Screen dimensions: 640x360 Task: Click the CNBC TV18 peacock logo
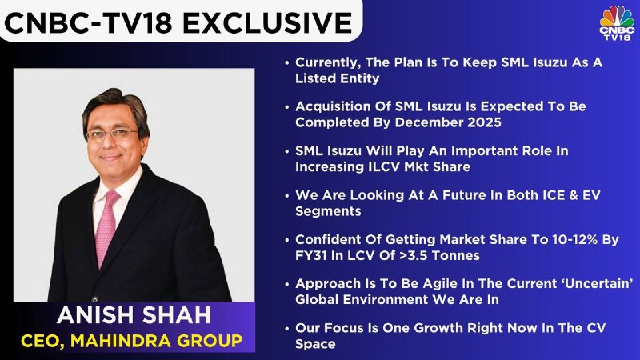click(617, 22)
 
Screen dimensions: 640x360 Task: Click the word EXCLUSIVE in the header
click(267, 22)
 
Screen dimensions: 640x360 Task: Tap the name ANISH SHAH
click(134, 315)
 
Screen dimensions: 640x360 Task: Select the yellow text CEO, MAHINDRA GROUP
click(131, 341)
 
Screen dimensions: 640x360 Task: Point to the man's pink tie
click(106, 228)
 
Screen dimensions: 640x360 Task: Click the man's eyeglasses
click(112, 134)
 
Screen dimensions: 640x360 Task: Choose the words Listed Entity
click(337, 78)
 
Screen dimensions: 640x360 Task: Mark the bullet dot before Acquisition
click(287, 107)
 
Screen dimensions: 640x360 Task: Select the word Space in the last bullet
click(315, 344)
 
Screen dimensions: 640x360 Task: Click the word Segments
click(328, 211)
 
